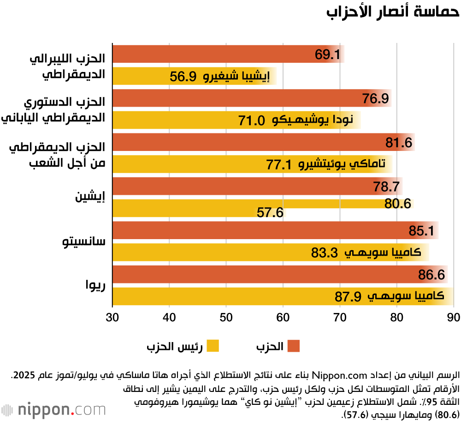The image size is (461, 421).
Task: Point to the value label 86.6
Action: [x=431, y=275]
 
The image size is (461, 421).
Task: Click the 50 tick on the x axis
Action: [x=226, y=318]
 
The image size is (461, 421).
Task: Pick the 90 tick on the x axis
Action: [x=453, y=318]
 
